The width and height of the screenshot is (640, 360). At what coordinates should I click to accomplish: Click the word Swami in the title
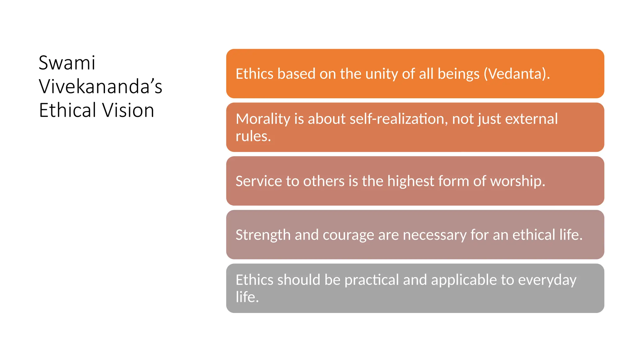[67, 63]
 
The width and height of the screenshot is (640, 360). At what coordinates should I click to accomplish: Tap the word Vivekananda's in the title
[100, 87]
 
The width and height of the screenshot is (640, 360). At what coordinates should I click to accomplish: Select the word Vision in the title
[128, 110]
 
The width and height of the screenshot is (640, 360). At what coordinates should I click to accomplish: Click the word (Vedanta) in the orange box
[517, 74]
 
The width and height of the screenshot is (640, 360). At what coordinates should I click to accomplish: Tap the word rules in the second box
[253, 136]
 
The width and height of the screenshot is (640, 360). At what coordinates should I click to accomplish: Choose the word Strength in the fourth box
[263, 235]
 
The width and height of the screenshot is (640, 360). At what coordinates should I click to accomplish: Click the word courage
[348, 235]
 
